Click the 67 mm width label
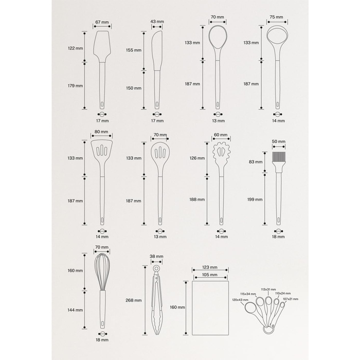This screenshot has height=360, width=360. tap(102, 22)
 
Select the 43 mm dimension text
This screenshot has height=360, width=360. tap(157, 22)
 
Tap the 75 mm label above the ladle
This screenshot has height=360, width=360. tap(277, 17)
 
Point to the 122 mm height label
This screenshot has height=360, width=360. tap(75, 48)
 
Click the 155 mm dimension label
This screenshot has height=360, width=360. tap(134, 50)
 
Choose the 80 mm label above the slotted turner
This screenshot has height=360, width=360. tap(101, 132)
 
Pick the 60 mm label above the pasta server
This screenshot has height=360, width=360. tap(221, 135)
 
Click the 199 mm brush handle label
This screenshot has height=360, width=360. tap(255, 200)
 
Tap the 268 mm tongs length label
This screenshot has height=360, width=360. tap(134, 300)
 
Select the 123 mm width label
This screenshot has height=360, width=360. tap(210, 267)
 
